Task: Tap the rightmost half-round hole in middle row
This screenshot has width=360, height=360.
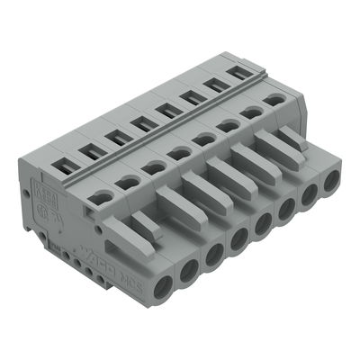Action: pos(275,102)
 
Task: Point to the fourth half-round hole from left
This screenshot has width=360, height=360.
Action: pos(181,152)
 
